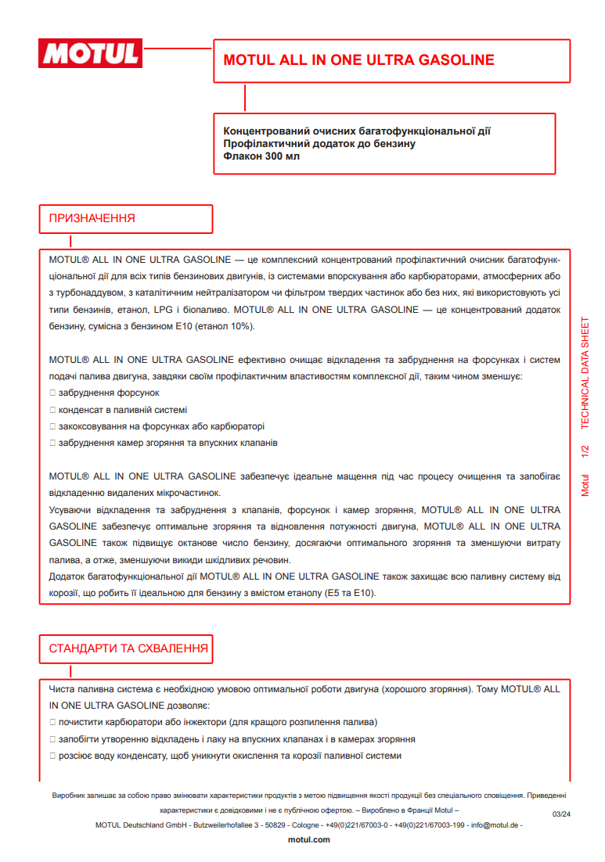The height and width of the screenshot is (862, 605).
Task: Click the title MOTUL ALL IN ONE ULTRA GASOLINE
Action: click(x=358, y=60)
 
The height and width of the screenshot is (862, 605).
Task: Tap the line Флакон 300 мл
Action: click(x=261, y=156)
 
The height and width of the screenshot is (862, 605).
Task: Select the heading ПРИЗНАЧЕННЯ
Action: click(x=92, y=218)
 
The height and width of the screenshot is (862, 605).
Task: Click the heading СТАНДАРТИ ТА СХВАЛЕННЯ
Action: click(x=128, y=648)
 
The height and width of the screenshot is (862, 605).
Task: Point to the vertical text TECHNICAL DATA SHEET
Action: click(x=585, y=373)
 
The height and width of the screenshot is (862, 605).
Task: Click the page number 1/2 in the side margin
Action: click(x=585, y=452)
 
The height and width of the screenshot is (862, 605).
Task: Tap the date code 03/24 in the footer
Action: click(x=561, y=814)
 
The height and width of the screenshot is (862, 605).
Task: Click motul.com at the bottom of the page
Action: click(x=309, y=839)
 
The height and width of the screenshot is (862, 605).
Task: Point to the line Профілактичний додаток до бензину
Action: click(x=319, y=144)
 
